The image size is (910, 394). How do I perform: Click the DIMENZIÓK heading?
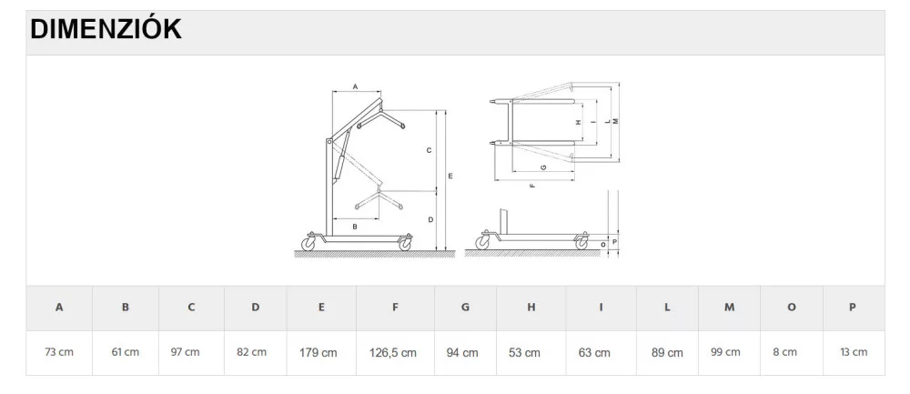(x=106, y=29)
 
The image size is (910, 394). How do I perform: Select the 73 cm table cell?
(x=59, y=352)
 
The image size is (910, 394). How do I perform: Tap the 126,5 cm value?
(x=393, y=353)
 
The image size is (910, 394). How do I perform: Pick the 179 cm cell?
(x=318, y=352)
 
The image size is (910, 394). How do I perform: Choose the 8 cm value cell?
(x=784, y=352)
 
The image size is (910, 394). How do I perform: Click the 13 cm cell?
(x=854, y=352)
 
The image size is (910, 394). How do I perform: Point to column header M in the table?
(x=729, y=308)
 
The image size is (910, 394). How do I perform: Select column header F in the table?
(x=395, y=308)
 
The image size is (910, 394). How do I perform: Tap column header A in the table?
(x=59, y=308)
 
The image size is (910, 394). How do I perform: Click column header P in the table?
(x=853, y=308)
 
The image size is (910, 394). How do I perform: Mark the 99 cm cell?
(x=725, y=352)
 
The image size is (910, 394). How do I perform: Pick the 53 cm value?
(x=524, y=353)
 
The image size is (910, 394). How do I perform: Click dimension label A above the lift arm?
(x=355, y=87)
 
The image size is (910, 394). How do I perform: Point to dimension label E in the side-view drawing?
(x=450, y=176)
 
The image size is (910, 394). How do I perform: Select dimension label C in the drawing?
(x=429, y=150)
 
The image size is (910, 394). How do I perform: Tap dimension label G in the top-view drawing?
(x=542, y=167)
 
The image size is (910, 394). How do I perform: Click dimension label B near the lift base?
(x=355, y=227)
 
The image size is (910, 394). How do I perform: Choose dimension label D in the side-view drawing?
(x=430, y=220)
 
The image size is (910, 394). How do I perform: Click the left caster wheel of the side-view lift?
(x=308, y=244)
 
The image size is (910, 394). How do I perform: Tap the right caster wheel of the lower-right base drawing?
(x=581, y=244)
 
